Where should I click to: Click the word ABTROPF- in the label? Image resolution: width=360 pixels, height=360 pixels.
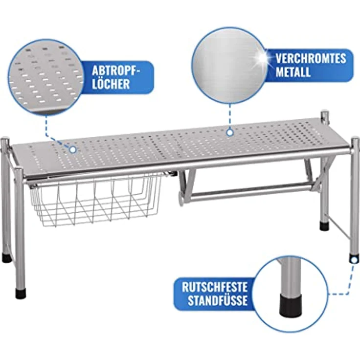[116, 71]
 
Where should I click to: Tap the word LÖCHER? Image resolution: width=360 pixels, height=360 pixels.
[111, 84]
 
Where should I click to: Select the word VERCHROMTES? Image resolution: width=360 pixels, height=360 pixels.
[311, 59]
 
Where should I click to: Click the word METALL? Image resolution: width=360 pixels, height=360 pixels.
[292, 71]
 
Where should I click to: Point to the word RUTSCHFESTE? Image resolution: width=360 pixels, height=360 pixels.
[215, 287]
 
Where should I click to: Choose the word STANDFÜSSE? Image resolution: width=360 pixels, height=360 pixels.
[218, 300]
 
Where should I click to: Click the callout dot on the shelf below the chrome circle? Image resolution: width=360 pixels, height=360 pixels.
[229, 133]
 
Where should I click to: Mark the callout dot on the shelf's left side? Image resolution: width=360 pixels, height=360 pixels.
[73, 150]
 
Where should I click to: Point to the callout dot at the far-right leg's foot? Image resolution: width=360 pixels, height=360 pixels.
[354, 260]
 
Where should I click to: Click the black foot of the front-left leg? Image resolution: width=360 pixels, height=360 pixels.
[21, 293]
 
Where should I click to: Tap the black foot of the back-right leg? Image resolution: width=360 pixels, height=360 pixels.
[324, 226]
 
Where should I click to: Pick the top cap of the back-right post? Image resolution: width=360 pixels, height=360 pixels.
[325, 114]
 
